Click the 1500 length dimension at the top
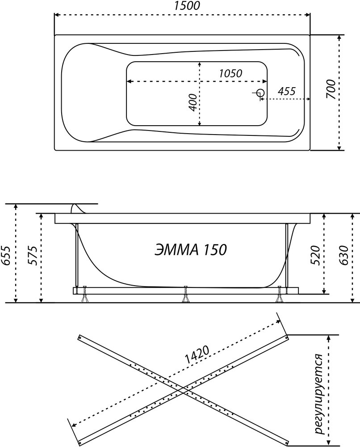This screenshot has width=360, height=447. [x=188, y=6]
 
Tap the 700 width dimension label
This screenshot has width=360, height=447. [x=331, y=89]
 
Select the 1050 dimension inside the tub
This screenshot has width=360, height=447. [x=231, y=73]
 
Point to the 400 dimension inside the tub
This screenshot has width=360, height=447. [x=193, y=102]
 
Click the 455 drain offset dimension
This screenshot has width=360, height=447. [x=286, y=91]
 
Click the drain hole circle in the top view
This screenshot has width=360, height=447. [x=260, y=93]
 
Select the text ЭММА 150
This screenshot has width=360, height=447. [x=191, y=250]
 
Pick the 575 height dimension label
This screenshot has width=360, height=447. [x=33, y=255]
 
